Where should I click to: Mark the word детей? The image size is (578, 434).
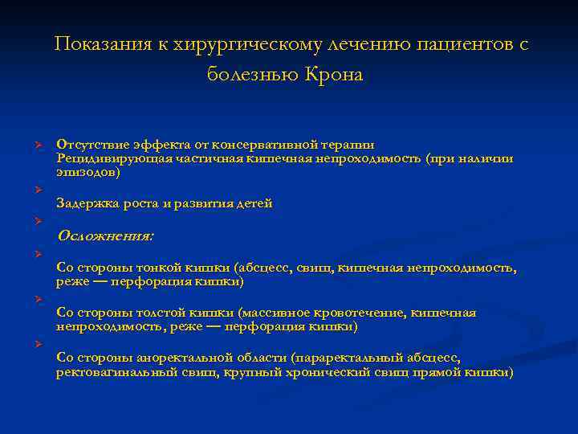click(253, 204)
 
